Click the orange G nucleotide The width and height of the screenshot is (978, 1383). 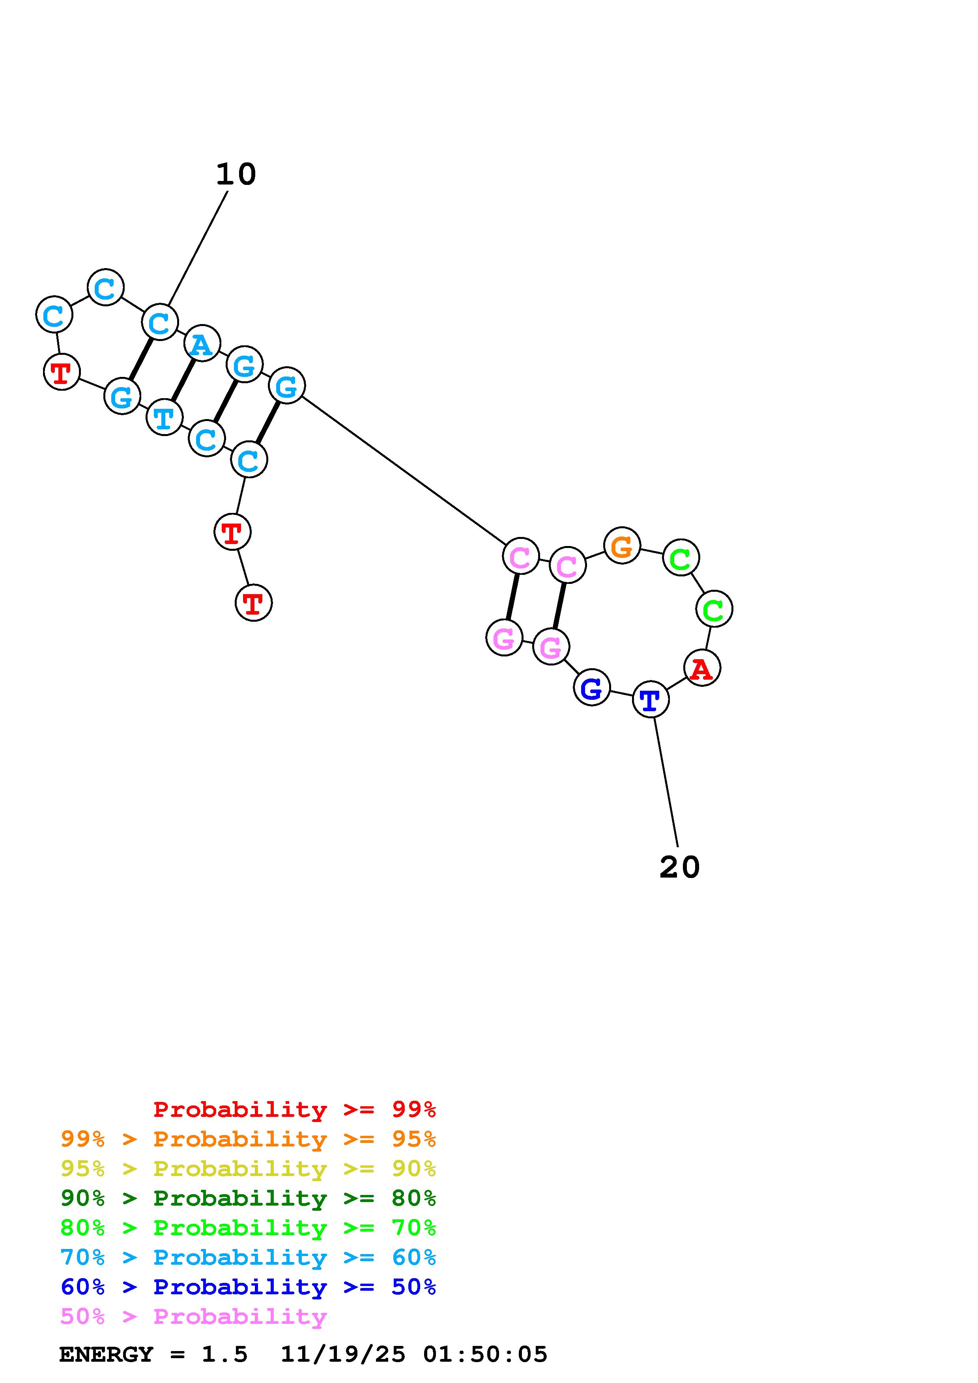[x=621, y=546]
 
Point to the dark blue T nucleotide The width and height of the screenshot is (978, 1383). [x=650, y=700]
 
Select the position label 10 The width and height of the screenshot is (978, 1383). [x=236, y=175]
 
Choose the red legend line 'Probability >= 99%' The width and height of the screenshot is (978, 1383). [x=294, y=1109]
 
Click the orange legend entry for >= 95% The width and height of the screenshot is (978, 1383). [x=248, y=1139]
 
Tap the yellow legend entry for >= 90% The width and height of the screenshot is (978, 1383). [x=248, y=1169]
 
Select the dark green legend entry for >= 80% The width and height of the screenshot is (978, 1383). [x=248, y=1198]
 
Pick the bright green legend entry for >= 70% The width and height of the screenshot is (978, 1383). [x=248, y=1228]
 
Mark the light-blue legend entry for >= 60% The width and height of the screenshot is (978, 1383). [x=248, y=1257]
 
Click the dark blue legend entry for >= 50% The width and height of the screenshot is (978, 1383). [x=248, y=1287]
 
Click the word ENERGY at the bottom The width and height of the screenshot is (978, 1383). [x=106, y=1354]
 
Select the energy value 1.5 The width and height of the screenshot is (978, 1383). [x=224, y=1354]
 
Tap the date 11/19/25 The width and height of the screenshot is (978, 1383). [x=343, y=1354]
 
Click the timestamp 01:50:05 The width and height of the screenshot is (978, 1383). [x=485, y=1354]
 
